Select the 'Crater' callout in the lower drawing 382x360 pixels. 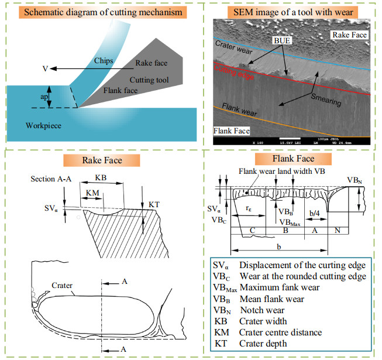62,286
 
